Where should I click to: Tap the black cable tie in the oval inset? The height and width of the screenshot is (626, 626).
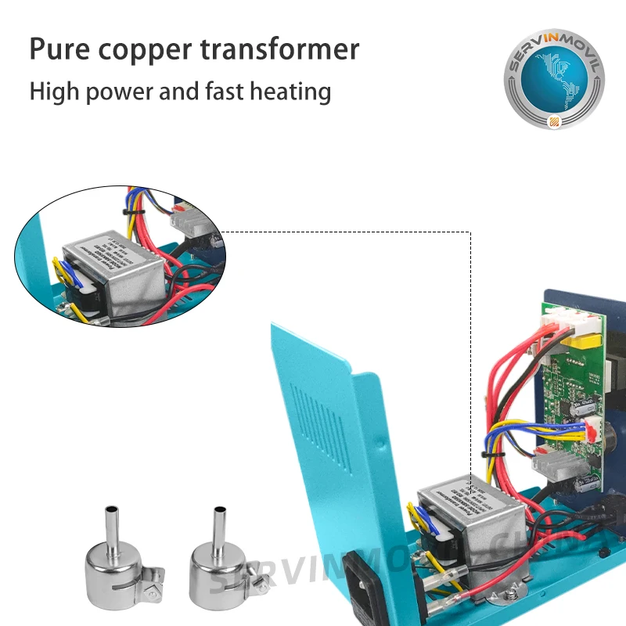click(128, 212)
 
